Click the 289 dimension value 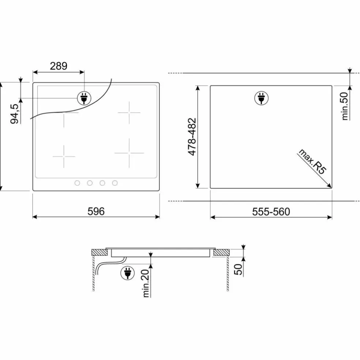coord(59,66)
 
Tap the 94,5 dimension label coord(14,114)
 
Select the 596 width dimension coord(96,211)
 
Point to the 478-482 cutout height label coord(192,137)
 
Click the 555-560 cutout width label coord(271,211)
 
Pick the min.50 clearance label coord(345,106)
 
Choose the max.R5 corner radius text coord(313,161)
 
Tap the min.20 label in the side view coord(146,283)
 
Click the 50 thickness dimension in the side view coord(238,269)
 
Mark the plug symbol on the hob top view coord(84,98)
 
